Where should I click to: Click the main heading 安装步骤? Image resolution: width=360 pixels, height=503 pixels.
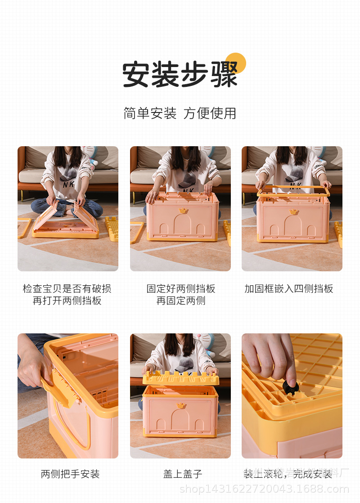[180, 75]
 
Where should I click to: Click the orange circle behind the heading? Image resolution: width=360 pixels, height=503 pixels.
[236, 63]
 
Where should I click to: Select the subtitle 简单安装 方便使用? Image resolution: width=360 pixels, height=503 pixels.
[180, 113]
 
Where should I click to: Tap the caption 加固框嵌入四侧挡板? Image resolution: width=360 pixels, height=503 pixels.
[289, 289]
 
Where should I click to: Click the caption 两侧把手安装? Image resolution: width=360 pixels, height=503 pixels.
[70, 474]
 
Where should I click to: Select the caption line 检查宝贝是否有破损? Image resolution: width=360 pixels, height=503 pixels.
[67, 289]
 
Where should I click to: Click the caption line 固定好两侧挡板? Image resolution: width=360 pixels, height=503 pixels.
[181, 289]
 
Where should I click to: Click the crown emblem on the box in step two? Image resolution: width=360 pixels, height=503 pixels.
[183, 210]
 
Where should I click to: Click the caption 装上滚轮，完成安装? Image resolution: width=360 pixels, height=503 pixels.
[288, 474]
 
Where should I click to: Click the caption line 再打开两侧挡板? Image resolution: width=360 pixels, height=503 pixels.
[67, 301]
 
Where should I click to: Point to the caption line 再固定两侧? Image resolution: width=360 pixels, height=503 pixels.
[181, 301]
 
